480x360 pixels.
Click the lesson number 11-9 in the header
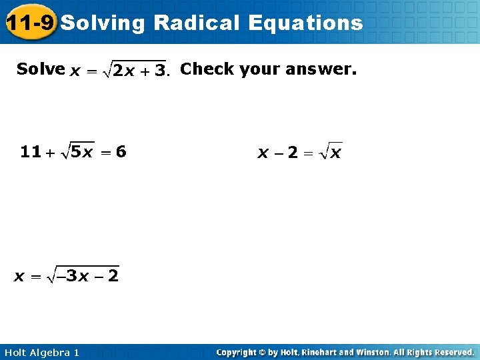pyautogui.click(x=29, y=23)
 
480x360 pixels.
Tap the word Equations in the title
pyautogui.click(x=305, y=23)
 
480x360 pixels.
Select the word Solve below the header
pyautogui.click(x=41, y=69)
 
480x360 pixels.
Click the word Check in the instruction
pyautogui.click(x=207, y=69)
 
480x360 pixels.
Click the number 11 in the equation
pyautogui.click(x=31, y=152)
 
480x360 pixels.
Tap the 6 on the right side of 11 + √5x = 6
pyautogui.click(x=121, y=152)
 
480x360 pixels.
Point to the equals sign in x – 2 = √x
pyautogui.click(x=307, y=154)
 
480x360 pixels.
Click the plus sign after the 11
pyautogui.click(x=51, y=153)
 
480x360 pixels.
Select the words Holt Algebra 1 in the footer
pyautogui.click(x=41, y=352)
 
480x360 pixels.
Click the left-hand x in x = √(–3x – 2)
pyautogui.click(x=20, y=276)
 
